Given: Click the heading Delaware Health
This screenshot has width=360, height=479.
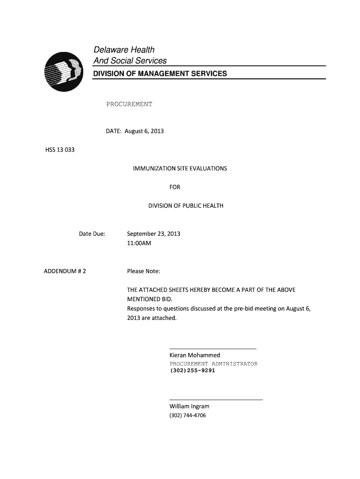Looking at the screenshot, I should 124,50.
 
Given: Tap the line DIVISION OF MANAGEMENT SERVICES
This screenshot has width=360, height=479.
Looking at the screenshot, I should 160,73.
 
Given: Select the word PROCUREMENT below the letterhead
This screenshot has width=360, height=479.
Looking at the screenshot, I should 129,104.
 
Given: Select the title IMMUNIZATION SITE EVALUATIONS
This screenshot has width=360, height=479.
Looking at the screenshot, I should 180,168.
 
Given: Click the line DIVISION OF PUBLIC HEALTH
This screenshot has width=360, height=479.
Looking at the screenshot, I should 186,206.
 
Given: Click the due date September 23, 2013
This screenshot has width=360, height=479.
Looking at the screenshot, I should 153,234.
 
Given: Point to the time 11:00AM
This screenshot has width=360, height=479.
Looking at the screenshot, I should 139,243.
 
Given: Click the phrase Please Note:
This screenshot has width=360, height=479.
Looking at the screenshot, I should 144,271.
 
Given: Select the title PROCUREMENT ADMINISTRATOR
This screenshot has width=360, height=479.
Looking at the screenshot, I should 213,363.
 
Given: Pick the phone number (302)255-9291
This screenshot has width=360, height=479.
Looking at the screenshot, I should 192,370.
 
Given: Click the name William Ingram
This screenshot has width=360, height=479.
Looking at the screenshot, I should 189,406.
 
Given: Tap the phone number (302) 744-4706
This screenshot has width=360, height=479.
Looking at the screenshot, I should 187,415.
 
